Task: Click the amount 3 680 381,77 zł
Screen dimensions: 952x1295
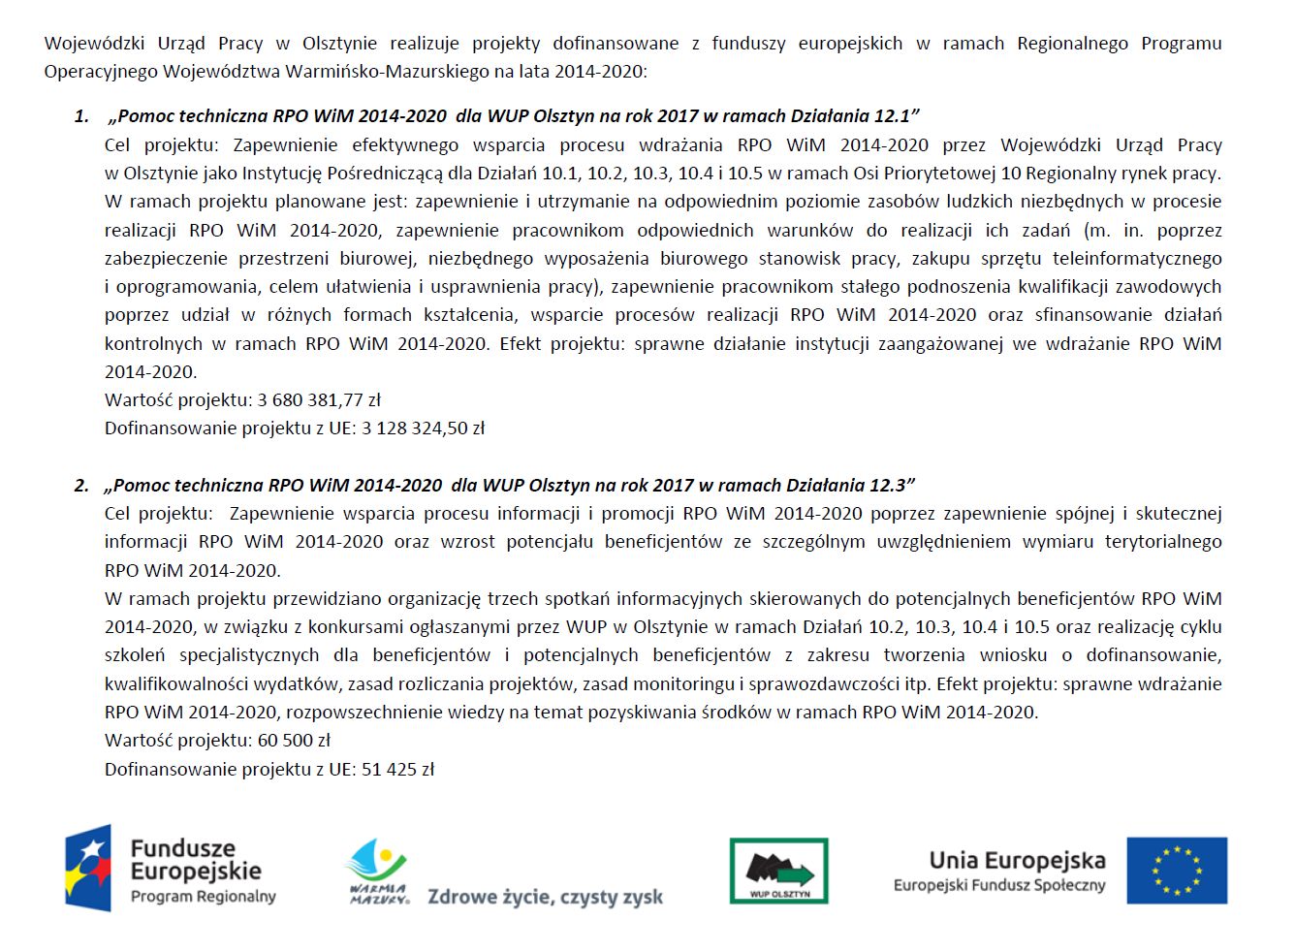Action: point(319,399)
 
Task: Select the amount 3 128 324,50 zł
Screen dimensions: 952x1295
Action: point(423,428)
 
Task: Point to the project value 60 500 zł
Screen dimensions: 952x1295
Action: point(294,740)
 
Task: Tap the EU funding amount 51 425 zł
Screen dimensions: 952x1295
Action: point(397,769)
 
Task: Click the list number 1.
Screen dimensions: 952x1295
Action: point(81,116)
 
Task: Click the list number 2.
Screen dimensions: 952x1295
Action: point(81,485)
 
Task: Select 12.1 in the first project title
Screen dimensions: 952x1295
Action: point(893,116)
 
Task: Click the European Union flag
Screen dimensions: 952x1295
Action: point(1177,871)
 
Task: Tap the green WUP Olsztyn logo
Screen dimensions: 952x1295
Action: point(778,871)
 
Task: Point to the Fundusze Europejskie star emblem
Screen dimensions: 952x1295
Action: point(88,869)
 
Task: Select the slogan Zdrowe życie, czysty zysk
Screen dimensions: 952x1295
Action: point(545,897)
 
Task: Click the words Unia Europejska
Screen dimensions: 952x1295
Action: point(1017,860)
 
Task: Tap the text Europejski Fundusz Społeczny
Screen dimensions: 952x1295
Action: point(999,885)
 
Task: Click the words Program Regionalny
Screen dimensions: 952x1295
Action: point(204,897)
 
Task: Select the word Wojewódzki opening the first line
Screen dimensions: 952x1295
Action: point(94,44)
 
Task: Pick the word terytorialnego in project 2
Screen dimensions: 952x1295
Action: point(1163,541)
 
